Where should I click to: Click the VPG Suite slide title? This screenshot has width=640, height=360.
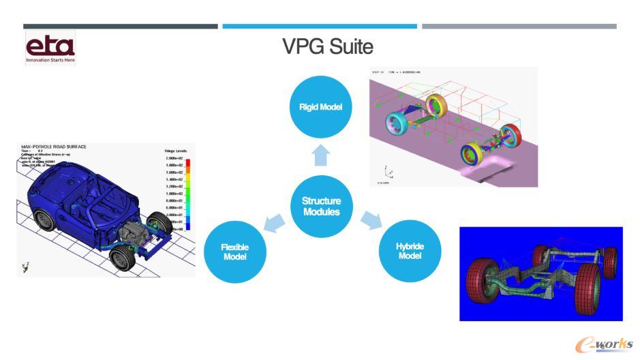[328, 47]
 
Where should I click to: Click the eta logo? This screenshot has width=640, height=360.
[50, 46]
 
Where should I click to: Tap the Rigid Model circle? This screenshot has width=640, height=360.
[320, 107]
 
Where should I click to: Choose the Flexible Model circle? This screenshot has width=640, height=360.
[235, 252]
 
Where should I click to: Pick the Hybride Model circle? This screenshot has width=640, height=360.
[409, 251]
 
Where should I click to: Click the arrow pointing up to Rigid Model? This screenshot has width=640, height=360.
[321, 156]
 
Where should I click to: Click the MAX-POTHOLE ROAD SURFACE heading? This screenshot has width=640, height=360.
[55, 147]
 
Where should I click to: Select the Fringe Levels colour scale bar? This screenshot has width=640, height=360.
[188, 194]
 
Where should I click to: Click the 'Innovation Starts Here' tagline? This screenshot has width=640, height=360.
[50, 60]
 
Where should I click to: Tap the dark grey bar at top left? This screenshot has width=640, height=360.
[121, 27]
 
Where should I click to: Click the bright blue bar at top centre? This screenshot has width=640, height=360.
[320, 27]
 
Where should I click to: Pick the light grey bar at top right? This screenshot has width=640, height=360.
[519, 27]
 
